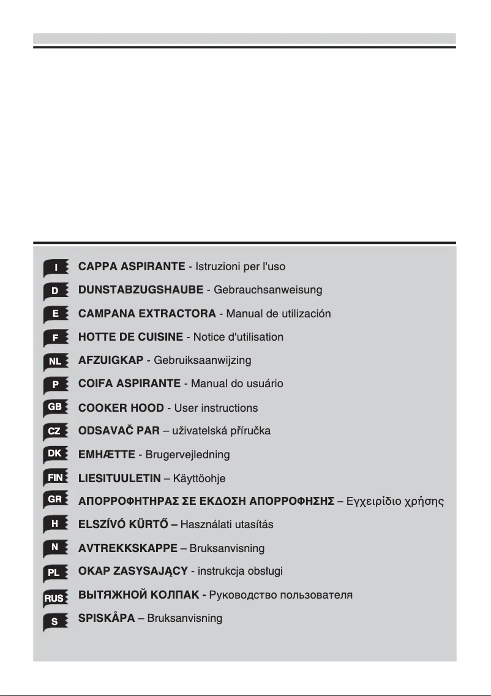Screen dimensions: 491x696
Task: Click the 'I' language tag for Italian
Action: tap(56, 268)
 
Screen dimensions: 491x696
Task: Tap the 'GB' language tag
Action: tap(55, 407)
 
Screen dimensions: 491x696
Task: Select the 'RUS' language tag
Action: tap(54, 596)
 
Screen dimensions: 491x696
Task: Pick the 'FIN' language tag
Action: tap(55, 478)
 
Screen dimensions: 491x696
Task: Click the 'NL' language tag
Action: tap(55, 361)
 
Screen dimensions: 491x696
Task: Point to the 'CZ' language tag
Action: tap(55, 431)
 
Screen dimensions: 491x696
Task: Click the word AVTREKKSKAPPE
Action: tap(128, 548)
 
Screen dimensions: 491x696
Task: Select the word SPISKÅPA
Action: tap(107, 619)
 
